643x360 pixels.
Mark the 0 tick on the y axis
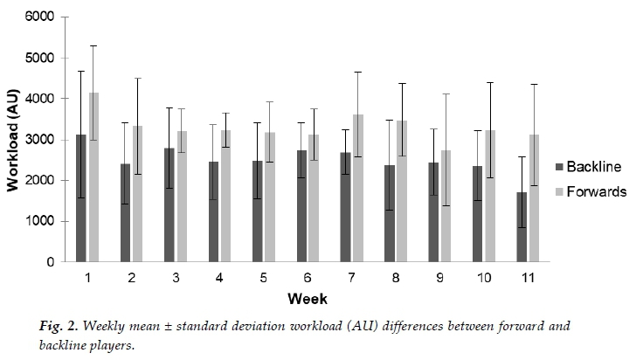coord(50,262)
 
